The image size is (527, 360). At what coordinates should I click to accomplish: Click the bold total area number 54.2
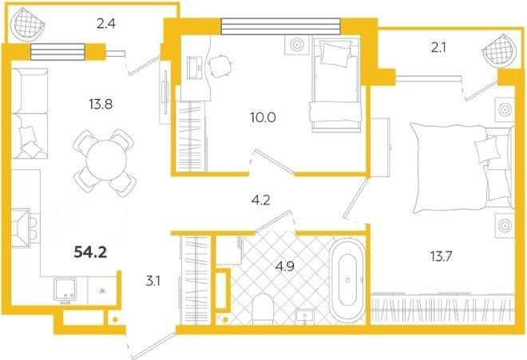pyautogui.click(x=90, y=251)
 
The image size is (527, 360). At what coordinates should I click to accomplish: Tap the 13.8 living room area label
pyautogui.click(x=101, y=105)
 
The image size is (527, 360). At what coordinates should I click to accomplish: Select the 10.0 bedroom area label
pyautogui.click(x=263, y=117)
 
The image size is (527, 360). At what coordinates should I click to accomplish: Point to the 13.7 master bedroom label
pyautogui.click(x=442, y=257)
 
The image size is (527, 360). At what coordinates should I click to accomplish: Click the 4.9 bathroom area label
pyautogui.click(x=285, y=267)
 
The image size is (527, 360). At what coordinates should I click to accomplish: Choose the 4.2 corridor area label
pyautogui.click(x=261, y=200)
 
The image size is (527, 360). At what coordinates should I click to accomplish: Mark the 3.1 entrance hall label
pyautogui.click(x=153, y=281)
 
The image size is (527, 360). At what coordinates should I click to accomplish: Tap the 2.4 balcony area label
pyautogui.click(x=106, y=24)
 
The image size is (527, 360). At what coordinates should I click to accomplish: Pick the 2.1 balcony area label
pyautogui.click(x=438, y=49)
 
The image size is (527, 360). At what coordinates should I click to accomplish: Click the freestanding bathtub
pyautogui.click(x=347, y=280)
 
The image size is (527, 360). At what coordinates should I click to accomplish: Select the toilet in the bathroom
pyautogui.click(x=263, y=309)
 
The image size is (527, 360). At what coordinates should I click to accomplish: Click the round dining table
pyautogui.click(x=106, y=160)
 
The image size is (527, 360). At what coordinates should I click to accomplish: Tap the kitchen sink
pyautogui.click(x=65, y=291)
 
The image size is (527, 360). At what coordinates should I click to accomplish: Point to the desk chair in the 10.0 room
pyautogui.click(x=220, y=65)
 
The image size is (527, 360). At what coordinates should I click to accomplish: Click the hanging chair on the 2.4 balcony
pyautogui.click(x=28, y=24)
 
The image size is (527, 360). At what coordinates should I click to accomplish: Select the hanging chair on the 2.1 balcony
pyautogui.click(x=499, y=50)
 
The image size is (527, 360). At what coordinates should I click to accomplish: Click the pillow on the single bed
pyautogui.click(x=335, y=53)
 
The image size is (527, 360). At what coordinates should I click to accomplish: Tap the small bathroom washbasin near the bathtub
pyautogui.click(x=305, y=317)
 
